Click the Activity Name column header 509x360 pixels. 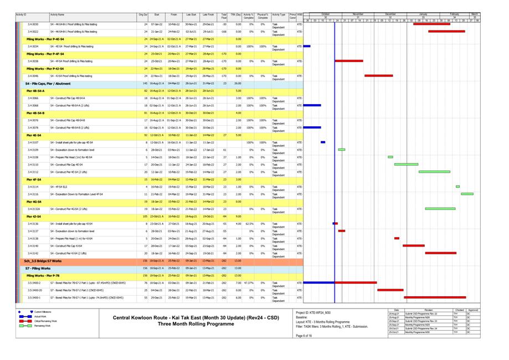[x=57, y=14]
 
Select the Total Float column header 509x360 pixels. [x=224, y=16]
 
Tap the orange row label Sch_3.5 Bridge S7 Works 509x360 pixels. [x=43, y=260]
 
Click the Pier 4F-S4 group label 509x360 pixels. [x=34, y=179]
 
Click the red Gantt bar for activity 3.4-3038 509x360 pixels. [x=348, y=61]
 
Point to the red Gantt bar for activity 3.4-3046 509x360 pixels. [x=378, y=75]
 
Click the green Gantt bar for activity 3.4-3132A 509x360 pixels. [x=440, y=209]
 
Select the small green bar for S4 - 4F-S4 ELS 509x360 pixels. [x=457, y=187]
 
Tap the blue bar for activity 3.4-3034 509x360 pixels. [x=307, y=47]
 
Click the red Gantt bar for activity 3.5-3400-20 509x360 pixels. [x=390, y=290]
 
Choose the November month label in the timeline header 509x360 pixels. [x=358, y=13]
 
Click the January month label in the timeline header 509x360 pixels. [x=423, y=13]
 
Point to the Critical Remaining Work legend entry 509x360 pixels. [x=47, y=321]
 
